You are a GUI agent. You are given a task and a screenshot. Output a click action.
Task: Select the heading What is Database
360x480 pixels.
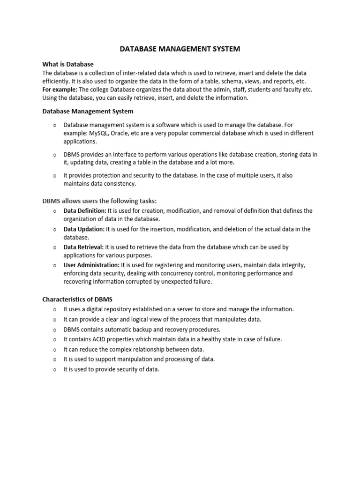68,64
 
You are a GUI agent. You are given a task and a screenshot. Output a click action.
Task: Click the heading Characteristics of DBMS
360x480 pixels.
77,299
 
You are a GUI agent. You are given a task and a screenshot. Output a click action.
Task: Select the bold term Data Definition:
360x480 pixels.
85,211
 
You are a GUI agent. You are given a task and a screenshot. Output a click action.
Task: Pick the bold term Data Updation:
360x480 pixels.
84,229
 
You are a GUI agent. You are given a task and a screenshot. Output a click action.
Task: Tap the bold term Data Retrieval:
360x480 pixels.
83,247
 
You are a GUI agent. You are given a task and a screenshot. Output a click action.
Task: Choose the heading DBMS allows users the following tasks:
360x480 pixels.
99,201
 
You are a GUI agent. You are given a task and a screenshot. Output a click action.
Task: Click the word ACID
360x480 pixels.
103,339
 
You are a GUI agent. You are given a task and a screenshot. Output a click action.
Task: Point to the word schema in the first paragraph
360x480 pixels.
218,81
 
